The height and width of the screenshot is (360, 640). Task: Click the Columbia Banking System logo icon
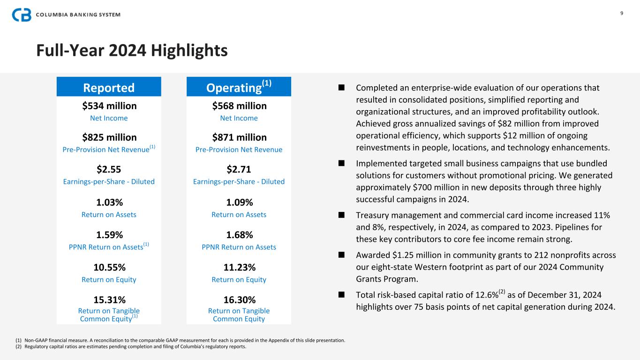point(22,15)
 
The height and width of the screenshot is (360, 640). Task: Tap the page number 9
point(622,13)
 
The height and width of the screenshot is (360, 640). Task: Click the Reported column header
point(109,88)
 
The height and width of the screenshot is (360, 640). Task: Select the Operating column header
point(239,87)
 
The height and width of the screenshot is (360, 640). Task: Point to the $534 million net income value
point(109,106)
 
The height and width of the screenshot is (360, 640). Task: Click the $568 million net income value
point(239,106)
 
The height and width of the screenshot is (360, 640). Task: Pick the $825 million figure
point(109,137)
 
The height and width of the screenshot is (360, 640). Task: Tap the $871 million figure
point(239,137)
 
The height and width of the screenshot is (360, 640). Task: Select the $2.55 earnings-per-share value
point(109,169)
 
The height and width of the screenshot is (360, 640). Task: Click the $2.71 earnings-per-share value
point(239,169)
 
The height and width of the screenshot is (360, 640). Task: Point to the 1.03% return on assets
point(109,202)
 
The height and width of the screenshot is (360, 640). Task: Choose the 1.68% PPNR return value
point(239,235)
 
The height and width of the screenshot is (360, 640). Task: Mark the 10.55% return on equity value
point(109,268)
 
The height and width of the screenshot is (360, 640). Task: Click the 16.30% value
point(239,300)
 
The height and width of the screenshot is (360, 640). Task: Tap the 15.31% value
point(109,300)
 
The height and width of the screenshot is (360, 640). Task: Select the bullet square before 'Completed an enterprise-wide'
point(341,88)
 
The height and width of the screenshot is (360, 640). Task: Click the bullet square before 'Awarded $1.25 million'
point(341,255)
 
